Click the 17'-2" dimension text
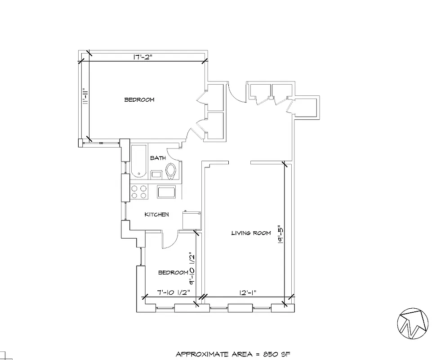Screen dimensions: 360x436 coord(143,57)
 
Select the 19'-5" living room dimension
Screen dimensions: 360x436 coord(280,235)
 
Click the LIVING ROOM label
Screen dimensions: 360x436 coord(251,233)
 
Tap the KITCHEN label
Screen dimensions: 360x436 coord(156,215)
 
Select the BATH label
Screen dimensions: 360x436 coord(158,158)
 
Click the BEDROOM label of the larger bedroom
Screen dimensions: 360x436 coord(139,99)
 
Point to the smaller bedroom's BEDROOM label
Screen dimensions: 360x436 coord(173,273)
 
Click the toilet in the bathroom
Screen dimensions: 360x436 coord(171,171)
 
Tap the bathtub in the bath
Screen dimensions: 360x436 coord(138,161)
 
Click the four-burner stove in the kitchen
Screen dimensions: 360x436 coord(139,192)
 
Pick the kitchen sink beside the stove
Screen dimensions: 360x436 coord(167,192)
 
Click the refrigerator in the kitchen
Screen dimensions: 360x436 coord(191,220)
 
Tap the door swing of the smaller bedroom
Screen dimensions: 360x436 coord(169,240)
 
